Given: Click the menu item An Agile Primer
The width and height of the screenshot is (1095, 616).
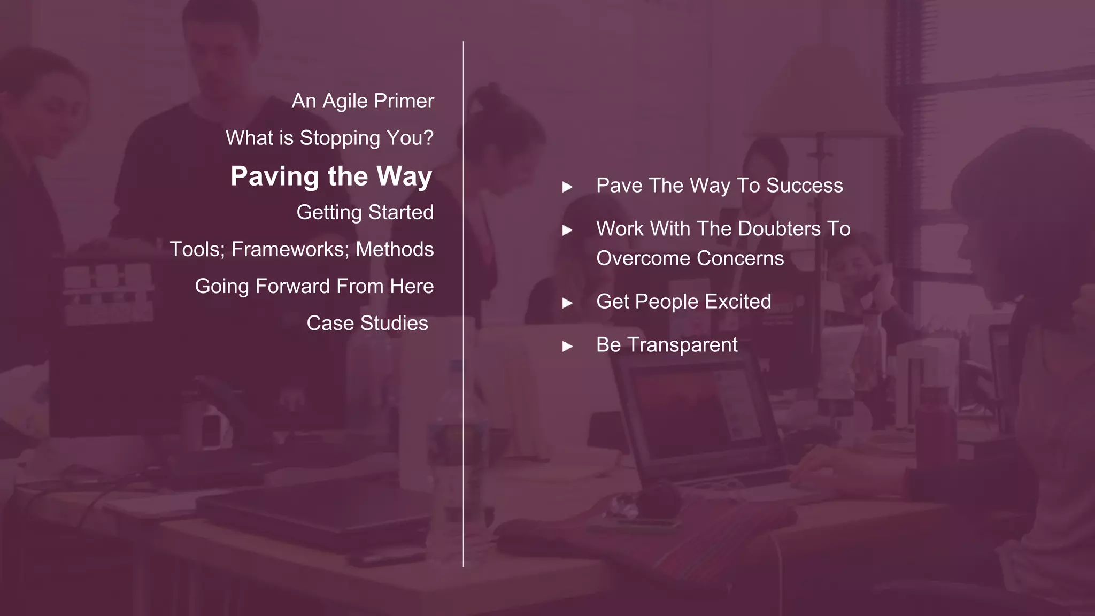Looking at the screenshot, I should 363,101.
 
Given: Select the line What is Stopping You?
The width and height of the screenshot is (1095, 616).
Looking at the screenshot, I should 329,138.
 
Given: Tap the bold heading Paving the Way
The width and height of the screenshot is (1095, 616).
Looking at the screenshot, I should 331,176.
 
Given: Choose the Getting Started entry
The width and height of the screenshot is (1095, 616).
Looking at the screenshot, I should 365,212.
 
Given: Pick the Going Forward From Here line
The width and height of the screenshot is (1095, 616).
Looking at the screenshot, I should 314,286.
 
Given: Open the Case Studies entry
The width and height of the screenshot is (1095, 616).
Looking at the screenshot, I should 367,323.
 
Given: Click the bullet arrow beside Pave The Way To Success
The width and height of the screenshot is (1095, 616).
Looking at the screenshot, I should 567,187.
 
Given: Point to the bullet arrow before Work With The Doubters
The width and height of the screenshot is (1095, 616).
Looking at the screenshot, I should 567,230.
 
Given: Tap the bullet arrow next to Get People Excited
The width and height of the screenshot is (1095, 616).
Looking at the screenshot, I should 567,303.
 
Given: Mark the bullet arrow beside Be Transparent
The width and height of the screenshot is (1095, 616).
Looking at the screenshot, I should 567,346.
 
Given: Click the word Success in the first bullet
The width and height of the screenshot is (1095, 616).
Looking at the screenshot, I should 804,186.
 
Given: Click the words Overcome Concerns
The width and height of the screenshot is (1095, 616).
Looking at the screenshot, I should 690,258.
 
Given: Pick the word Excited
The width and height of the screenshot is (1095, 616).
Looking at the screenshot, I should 738,302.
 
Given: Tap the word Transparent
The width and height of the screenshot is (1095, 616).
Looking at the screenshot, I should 682,345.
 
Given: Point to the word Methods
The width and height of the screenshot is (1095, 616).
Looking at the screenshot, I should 395,249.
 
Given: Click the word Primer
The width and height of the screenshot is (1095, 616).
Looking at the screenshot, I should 404,101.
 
